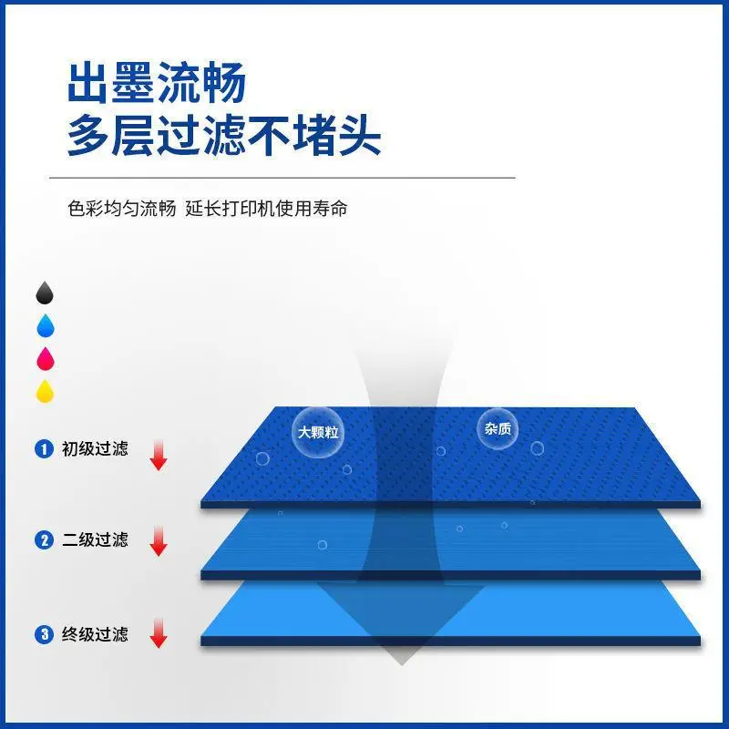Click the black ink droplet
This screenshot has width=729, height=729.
pos(45,293)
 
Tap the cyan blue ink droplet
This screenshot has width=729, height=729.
pos(45,325)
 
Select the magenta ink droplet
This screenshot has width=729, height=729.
pos(45,358)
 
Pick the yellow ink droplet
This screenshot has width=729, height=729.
pos(45,391)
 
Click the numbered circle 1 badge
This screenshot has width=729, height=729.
pos(44,449)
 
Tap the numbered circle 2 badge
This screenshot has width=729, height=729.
pos(44,540)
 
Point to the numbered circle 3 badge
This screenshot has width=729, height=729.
pos(44,634)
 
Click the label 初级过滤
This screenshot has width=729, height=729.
pos(95,449)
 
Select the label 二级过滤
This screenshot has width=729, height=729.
pos(95,540)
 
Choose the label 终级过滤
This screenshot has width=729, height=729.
pos(95,634)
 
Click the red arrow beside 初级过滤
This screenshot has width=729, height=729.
pos(159,455)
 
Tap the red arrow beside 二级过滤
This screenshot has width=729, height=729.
pos(159,540)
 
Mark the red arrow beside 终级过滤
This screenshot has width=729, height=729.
pos(159,632)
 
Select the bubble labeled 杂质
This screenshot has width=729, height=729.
pos(498,428)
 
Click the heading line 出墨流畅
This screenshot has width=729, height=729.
pos(157,83)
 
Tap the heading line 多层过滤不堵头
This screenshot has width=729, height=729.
pos(224,135)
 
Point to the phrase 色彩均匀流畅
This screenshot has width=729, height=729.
pos(122,209)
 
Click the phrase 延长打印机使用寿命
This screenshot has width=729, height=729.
pos(266,209)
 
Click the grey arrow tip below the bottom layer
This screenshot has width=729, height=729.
pos(402,664)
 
